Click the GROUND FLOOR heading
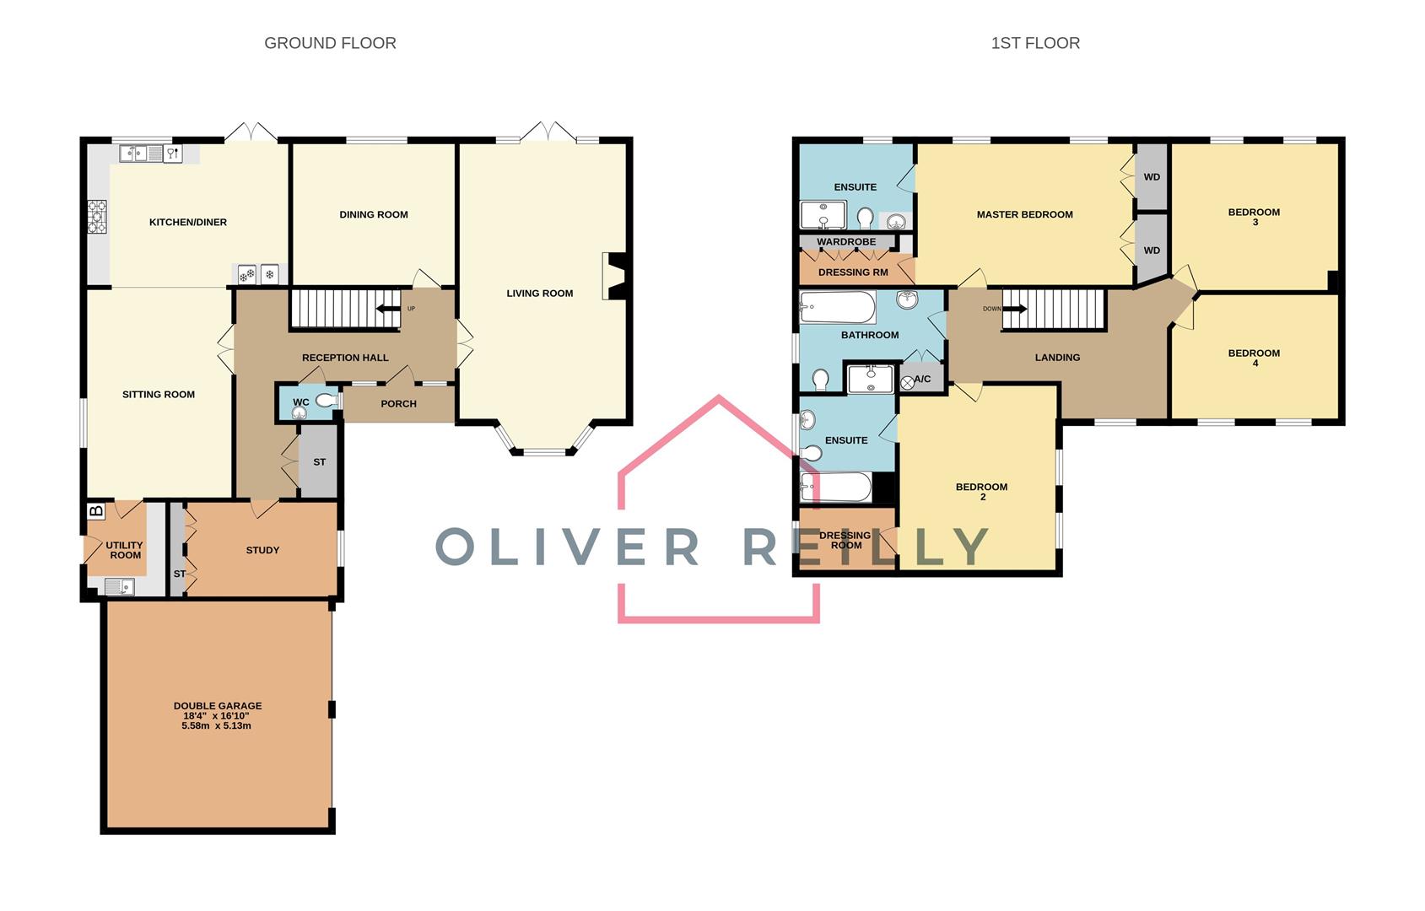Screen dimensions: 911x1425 click(330, 43)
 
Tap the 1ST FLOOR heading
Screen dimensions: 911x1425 click(1035, 43)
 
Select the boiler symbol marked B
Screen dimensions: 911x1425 click(96, 510)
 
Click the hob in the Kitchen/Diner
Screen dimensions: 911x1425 click(98, 217)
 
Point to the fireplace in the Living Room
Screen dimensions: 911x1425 click(614, 276)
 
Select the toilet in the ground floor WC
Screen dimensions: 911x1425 click(326, 402)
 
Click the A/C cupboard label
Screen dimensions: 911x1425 click(922, 379)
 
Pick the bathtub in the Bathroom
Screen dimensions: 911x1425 click(837, 307)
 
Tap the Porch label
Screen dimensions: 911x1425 click(398, 404)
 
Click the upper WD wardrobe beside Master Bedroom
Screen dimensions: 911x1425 click(1152, 177)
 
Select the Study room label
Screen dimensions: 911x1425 click(262, 550)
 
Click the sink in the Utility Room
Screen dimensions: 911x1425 click(119, 586)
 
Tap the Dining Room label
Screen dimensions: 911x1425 click(373, 214)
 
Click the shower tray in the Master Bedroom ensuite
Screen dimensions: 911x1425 click(823, 215)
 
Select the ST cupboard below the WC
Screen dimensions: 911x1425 click(319, 462)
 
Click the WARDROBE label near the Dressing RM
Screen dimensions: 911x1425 click(845, 242)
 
